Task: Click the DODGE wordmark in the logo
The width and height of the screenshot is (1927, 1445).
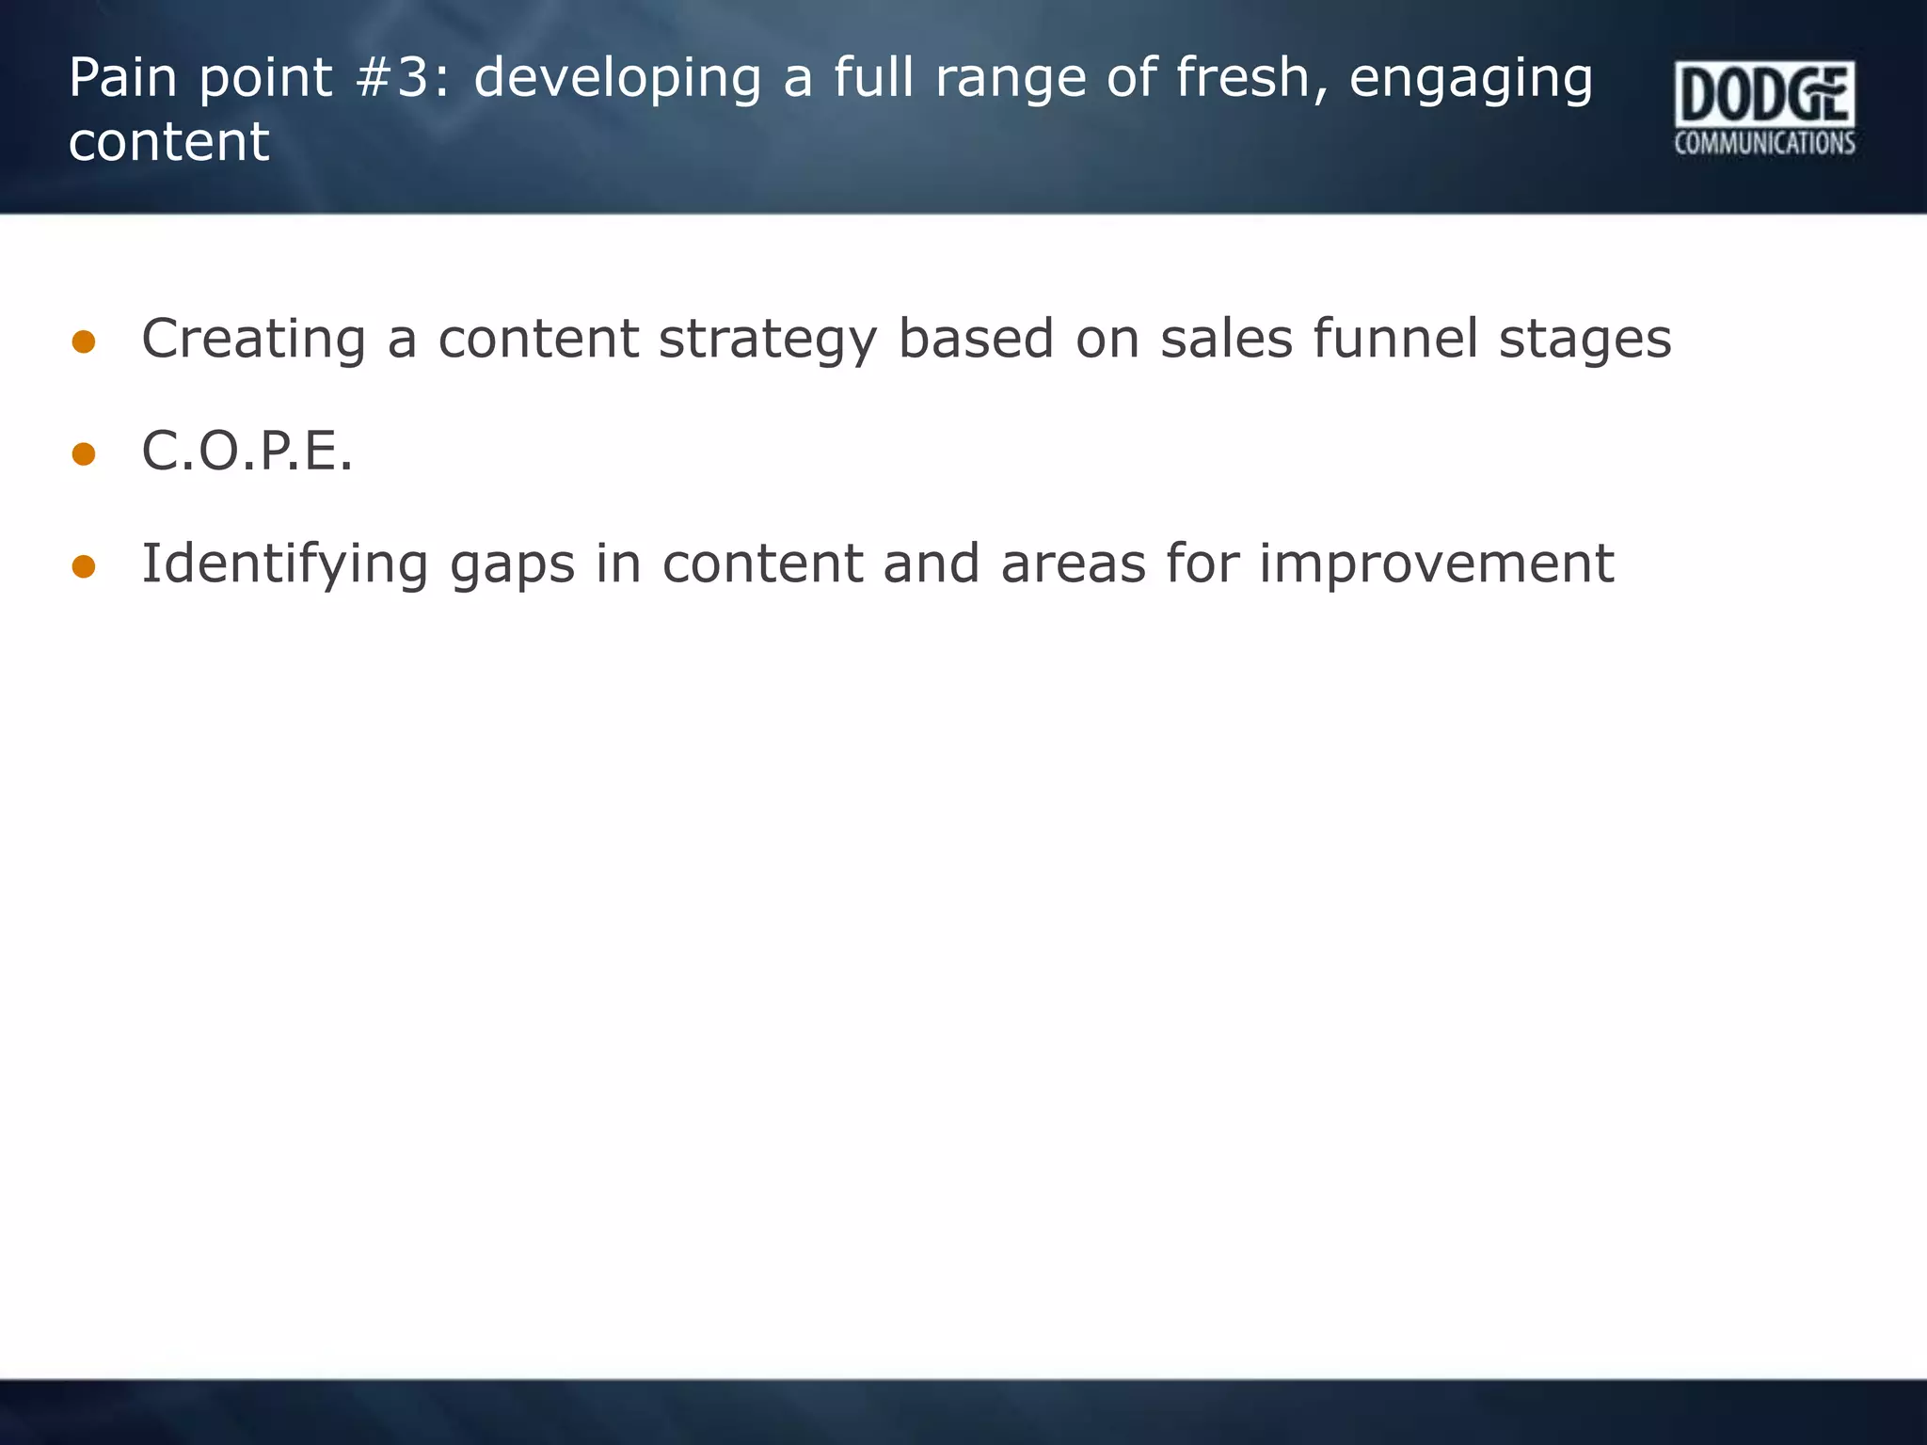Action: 1764,94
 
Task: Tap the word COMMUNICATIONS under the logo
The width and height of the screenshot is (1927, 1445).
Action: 1764,143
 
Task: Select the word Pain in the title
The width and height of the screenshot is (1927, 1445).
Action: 122,77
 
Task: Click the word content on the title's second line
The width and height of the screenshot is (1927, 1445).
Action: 169,142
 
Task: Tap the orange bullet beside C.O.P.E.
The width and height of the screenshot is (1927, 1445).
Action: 84,454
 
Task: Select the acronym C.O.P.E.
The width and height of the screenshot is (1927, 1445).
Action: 247,451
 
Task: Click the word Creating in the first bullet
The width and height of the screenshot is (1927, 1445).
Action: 253,340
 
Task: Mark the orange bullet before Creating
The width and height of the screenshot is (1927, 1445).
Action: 84,341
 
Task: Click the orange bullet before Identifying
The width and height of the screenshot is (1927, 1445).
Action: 84,566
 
